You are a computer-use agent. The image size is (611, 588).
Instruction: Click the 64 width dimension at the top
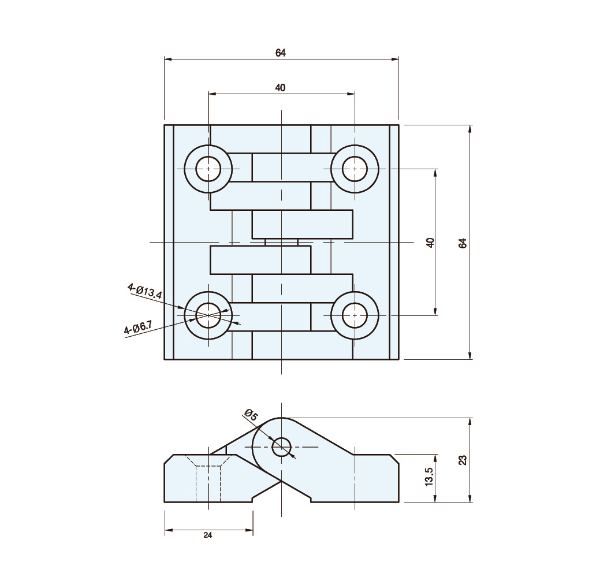point(281,53)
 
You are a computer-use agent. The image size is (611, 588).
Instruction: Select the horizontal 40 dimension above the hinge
point(280,88)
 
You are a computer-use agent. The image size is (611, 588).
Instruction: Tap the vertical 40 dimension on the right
point(430,243)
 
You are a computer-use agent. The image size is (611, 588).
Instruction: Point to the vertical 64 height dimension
point(463,243)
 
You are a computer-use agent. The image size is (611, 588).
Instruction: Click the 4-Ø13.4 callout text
point(144,291)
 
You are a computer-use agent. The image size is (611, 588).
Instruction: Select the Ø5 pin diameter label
point(251,415)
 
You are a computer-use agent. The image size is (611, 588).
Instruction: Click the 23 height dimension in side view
point(463,460)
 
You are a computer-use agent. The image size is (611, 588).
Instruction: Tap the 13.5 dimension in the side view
point(430,476)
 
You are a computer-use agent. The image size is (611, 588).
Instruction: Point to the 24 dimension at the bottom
point(208,535)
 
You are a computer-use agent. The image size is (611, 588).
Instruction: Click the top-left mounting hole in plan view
point(208,169)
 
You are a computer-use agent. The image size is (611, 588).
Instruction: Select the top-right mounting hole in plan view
point(355,169)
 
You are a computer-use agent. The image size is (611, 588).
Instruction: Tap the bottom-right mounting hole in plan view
point(355,315)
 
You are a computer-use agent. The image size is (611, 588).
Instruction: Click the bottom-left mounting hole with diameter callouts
point(208,315)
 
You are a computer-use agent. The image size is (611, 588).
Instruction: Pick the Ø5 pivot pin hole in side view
point(281,446)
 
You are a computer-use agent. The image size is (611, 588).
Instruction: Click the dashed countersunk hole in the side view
point(208,478)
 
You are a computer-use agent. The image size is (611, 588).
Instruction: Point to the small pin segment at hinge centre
point(281,243)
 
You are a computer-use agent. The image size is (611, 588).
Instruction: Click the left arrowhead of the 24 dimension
point(167,530)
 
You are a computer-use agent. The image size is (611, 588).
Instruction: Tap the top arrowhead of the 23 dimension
point(470,421)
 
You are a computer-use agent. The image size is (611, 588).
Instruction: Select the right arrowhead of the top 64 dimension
point(395,59)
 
